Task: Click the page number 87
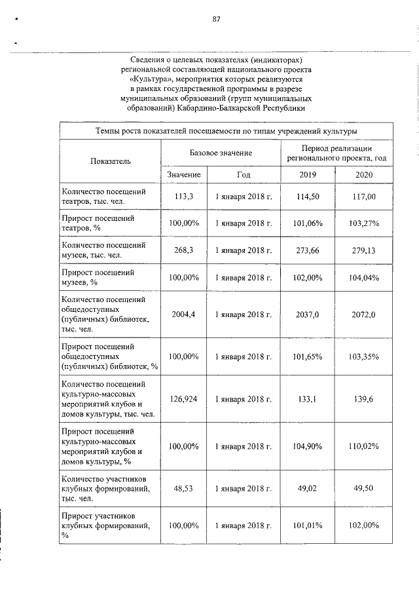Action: click(217, 19)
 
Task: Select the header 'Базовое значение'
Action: click(221, 153)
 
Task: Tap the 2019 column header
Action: click(308, 175)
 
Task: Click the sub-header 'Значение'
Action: click(184, 175)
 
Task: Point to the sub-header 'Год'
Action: click(243, 175)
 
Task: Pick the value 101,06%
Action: click(308, 223)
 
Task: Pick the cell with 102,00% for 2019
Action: click(308, 277)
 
